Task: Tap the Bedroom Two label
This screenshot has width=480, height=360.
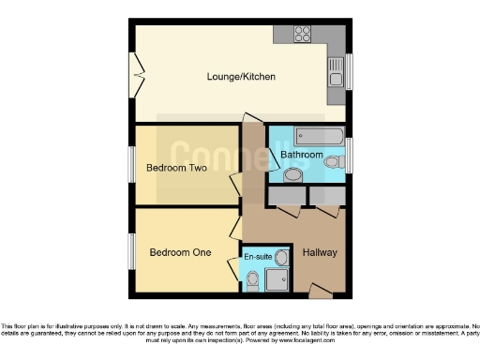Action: tap(176, 169)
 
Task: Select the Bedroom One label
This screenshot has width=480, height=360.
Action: tap(180, 252)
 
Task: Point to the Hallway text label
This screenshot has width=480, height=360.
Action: tap(320, 253)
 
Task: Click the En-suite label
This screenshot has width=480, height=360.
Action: tap(258, 255)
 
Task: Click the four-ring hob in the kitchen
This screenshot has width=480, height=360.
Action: tap(303, 35)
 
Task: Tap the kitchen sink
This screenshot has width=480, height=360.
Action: tap(336, 69)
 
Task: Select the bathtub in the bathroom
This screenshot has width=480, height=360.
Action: tap(305, 134)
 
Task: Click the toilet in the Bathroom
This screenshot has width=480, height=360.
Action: tap(293, 174)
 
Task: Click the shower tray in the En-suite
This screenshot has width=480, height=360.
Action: tap(277, 278)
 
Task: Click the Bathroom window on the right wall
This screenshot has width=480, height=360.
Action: tap(349, 153)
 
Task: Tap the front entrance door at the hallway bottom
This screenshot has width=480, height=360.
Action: tap(320, 293)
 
